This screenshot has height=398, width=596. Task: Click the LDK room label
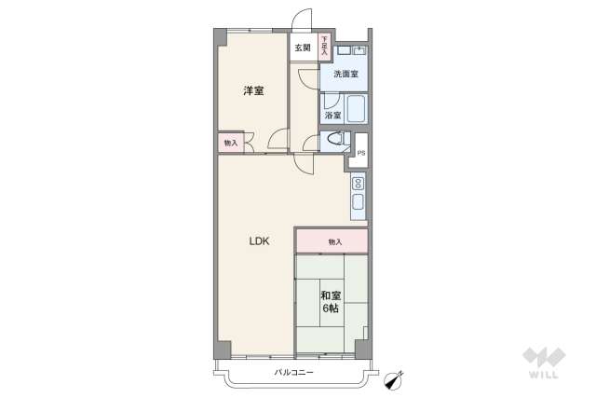coord(258,241)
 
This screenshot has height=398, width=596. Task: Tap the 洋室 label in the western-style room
coord(253,90)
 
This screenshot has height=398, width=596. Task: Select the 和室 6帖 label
coord(331,301)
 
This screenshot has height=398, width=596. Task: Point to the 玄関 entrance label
coord(303,48)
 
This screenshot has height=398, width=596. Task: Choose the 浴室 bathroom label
coord(332,115)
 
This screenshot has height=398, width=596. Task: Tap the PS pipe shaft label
coord(360,153)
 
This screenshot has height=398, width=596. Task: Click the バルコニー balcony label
coord(294,373)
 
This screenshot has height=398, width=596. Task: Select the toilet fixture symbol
coord(334,142)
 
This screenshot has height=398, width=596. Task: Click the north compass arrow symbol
coord(395,377)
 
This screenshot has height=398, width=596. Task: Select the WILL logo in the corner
coord(544,363)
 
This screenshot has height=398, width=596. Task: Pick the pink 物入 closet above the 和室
coord(332,241)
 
